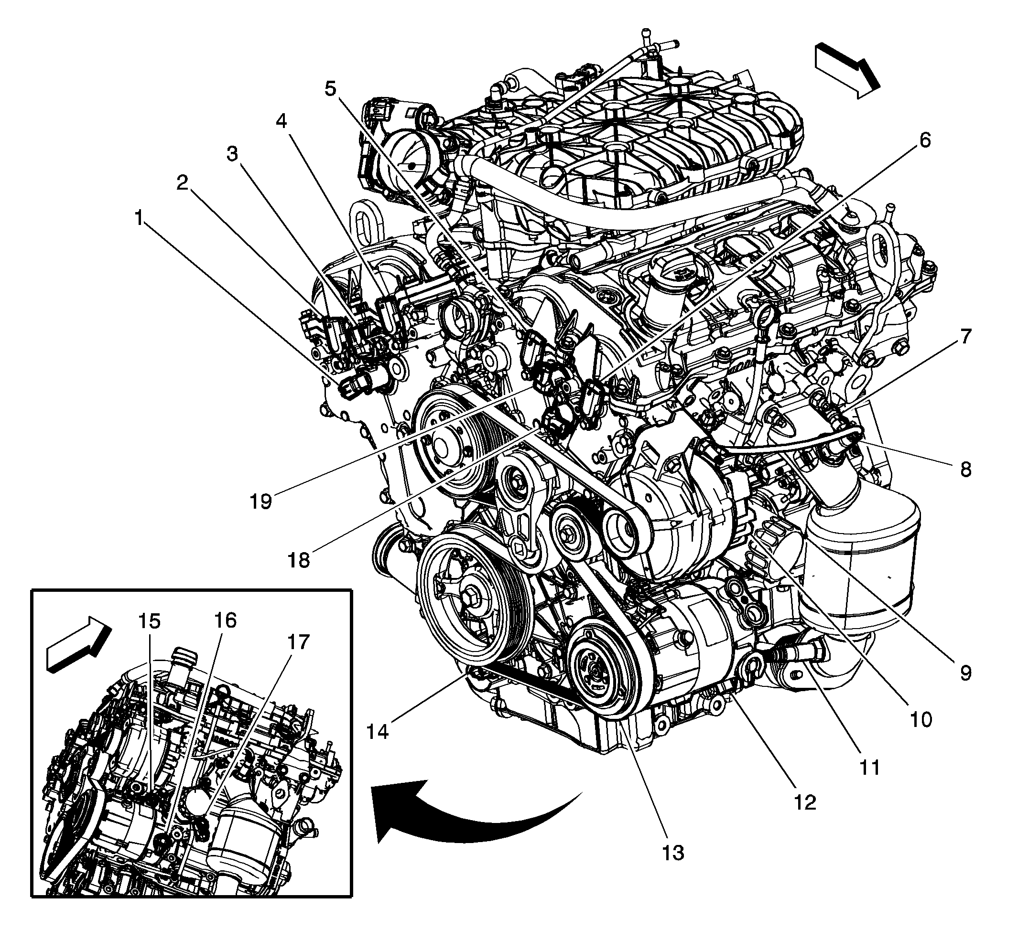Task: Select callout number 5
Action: pyautogui.click(x=330, y=88)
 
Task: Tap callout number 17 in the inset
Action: pyautogui.click(x=298, y=642)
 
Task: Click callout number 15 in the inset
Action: pyautogui.click(x=150, y=621)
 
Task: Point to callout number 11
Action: pyautogui.click(x=869, y=767)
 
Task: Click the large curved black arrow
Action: pyautogui.click(x=458, y=819)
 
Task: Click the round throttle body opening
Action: pyautogui.click(x=412, y=164)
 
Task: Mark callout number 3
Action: pyautogui.click(x=232, y=154)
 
